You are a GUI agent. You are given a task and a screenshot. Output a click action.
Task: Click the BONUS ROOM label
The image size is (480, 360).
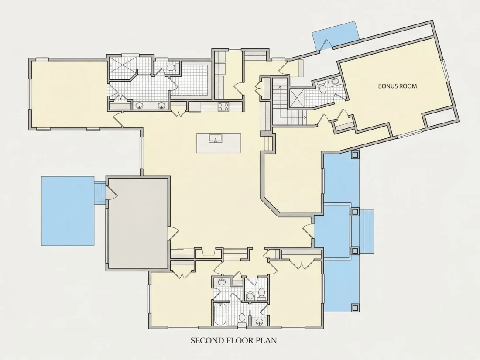click(398, 86)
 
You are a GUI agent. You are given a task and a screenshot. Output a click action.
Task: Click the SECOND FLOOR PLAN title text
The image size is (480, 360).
click(233, 340)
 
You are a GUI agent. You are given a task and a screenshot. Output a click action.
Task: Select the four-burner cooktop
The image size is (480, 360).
click(223, 106)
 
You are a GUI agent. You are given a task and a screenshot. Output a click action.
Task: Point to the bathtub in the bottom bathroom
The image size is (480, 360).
click(220, 314)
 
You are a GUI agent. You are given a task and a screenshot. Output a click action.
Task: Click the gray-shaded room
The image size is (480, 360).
click(138, 223)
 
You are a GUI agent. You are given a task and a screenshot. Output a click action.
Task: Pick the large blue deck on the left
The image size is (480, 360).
click(68, 211)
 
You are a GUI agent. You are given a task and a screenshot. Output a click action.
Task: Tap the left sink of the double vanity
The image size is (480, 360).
click(140, 106)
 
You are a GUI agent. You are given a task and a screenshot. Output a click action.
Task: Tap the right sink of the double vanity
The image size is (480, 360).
click(161, 106)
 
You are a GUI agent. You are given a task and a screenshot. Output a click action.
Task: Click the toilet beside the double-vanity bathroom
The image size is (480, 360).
click(171, 68)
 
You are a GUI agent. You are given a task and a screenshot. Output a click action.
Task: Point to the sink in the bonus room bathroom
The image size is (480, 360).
click(336, 82)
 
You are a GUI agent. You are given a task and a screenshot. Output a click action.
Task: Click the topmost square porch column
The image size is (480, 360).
click(355, 154)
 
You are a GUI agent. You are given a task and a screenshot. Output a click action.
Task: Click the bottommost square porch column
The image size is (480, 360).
click(355, 307)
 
